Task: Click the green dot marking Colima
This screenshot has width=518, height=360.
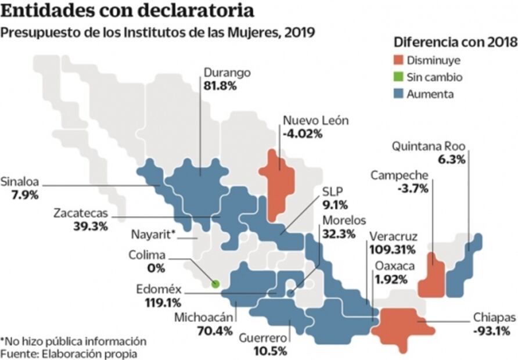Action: [x=215, y=284]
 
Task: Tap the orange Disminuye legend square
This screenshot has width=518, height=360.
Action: [x=398, y=60]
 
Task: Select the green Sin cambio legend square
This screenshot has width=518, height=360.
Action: [x=398, y=77]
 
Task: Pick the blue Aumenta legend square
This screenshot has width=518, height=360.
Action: [x=398, y=93]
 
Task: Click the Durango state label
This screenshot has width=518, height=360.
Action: [x=227, y=73]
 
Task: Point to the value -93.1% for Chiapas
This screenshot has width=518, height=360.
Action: [x=492, y=331]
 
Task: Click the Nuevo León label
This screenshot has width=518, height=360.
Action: [x=315, y=121]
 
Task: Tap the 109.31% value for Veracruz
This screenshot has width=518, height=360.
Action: [x=392, y=250]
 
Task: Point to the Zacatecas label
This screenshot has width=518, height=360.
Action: [x=81, y=213]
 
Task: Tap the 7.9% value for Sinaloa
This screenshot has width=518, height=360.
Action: [x=24, y=195]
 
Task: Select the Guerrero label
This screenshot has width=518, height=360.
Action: [x=263, y=337]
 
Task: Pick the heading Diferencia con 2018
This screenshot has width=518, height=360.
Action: [x=455, y=42]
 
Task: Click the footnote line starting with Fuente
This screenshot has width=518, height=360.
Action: [x=69, y=353]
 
